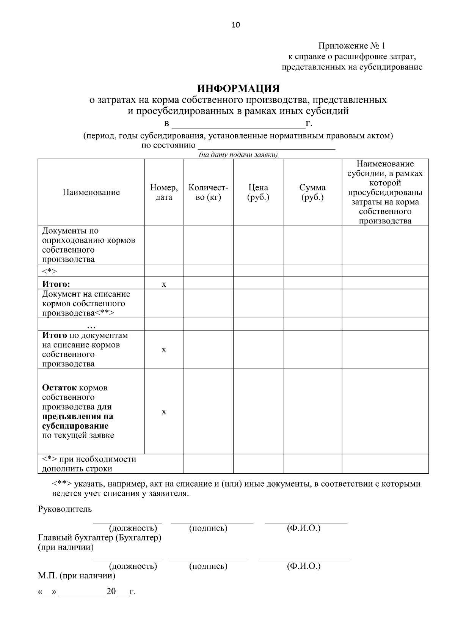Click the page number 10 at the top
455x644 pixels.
235,25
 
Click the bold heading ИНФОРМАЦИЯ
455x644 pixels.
238,89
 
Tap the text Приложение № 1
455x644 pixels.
351,46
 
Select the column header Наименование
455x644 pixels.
91,192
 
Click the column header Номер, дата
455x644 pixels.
164,192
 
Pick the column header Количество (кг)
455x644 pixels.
208,192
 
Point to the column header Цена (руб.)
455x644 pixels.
258,192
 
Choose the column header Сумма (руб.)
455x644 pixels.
312,192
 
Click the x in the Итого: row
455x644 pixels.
164,284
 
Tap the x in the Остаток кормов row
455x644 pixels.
164,412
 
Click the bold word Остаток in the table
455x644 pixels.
60,388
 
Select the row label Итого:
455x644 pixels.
56,284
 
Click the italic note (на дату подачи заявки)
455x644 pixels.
238,155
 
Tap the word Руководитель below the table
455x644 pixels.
65,509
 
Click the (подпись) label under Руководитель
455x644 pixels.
208,528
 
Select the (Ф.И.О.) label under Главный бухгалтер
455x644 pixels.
304,566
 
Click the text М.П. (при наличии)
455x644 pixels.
77,576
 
